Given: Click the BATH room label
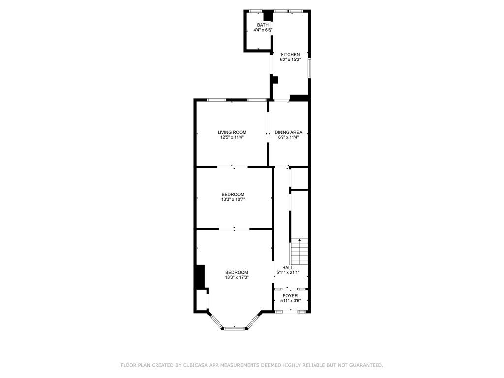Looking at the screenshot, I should [x=263, y=25].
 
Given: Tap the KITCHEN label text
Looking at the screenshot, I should [x=290, y=54].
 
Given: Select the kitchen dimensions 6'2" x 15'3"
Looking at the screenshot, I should [x=290, y=60].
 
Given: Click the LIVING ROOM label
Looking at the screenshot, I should [x=232, y=132].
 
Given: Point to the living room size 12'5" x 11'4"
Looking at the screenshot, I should [x=232, y=138].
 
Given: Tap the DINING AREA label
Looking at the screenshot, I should [x=288, y=132].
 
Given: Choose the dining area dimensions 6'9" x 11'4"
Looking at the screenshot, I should [x=288, y=138].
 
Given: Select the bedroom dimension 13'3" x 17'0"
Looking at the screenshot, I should [x=236, y=278].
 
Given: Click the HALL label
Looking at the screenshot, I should [x=287, y=267].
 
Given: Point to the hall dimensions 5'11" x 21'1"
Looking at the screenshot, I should [x=287, y=272].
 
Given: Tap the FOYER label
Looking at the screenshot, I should [x=290, y=296].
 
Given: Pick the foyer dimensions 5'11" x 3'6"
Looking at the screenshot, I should [x=290, y=301].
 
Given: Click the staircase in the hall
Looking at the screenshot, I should [x=299, y=252].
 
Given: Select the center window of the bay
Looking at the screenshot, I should [x=234, y=328].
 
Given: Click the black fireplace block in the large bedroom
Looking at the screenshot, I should [x=200, y=277].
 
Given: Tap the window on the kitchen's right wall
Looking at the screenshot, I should [x=309, y=68].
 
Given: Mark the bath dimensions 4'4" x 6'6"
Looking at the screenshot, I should [x=263, y=30].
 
